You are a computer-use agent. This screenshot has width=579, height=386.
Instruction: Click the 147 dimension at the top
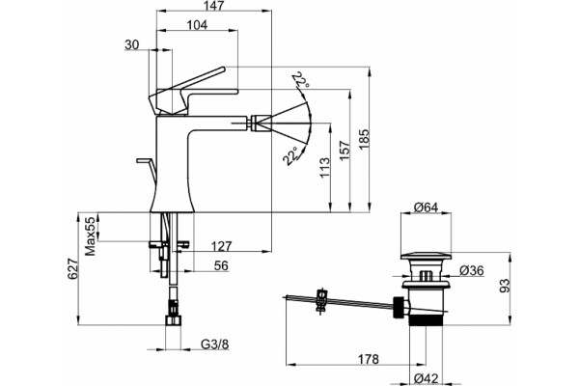pos(214,5)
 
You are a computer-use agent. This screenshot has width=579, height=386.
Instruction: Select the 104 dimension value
pos(197,25)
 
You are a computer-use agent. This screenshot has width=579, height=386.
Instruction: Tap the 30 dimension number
pos(132,44)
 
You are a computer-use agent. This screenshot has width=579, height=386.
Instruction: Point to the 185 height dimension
pos(364,139)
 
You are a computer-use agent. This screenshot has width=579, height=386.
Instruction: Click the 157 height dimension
pos(345,150)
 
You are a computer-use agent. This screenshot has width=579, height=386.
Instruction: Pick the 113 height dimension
pos(324,167)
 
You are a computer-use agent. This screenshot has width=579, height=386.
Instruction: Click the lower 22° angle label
pos(291,156)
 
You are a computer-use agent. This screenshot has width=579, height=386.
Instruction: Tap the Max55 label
pos(91,236)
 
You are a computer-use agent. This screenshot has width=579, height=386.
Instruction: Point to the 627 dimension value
pos(72,269)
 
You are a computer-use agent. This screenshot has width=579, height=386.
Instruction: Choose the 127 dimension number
pos(221,246)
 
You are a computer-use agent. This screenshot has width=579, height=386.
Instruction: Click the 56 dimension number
pos(221,265)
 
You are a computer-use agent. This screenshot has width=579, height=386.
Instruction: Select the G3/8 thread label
pos(215,345)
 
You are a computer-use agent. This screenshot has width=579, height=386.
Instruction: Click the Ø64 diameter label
pos(426,207)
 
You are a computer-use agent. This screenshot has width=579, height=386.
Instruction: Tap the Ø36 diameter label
pos(472,271)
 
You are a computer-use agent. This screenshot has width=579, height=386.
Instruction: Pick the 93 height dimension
pos(505,286)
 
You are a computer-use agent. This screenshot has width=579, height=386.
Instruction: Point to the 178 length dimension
pos(369,359)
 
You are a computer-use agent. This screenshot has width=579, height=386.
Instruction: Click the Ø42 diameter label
pos(426,378)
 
